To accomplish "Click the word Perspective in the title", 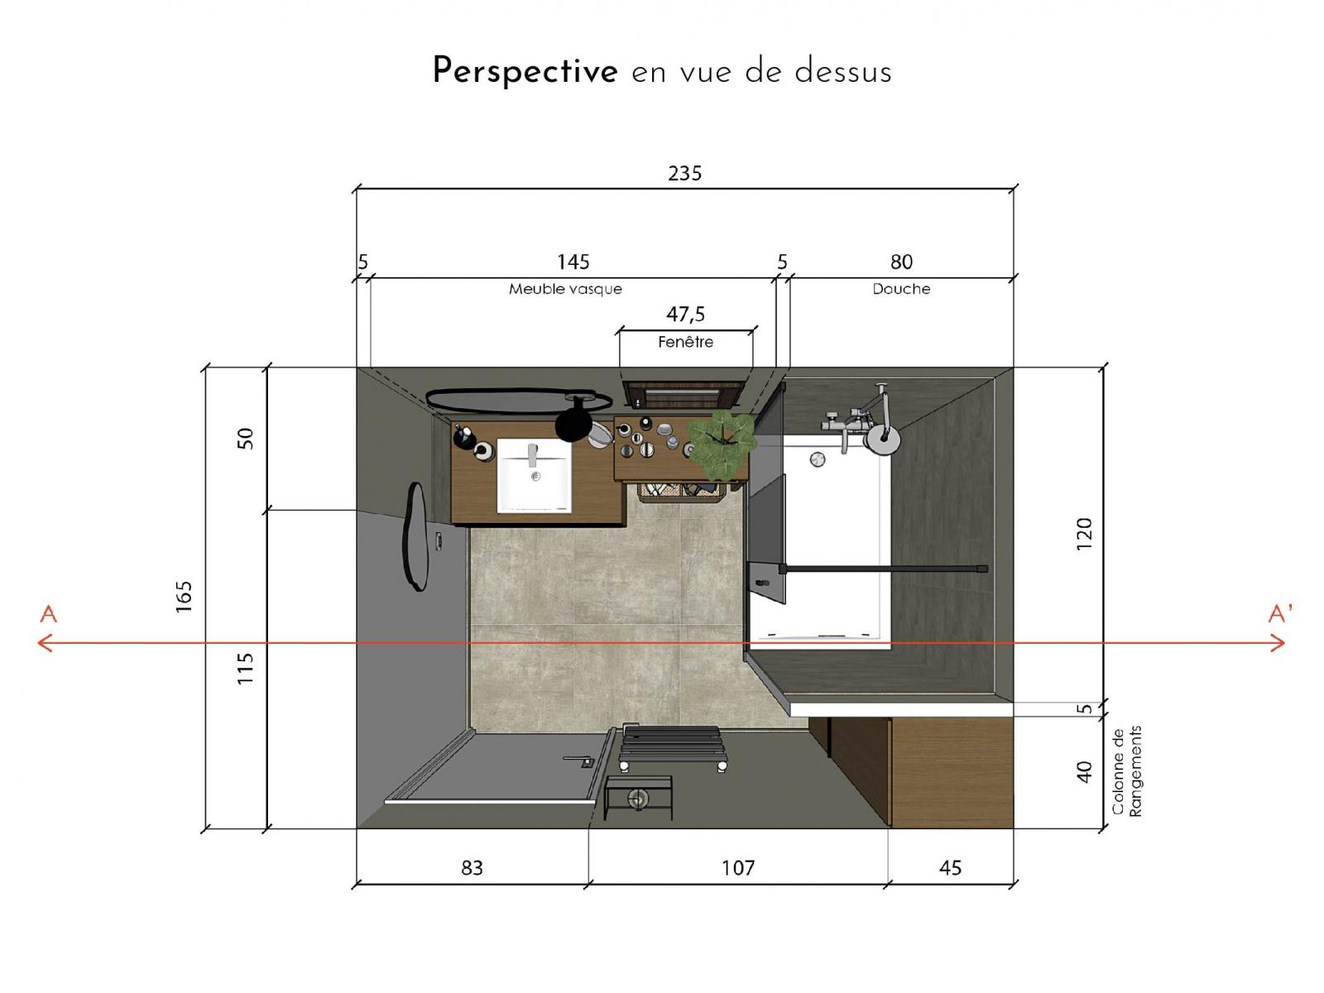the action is tap(525, 71).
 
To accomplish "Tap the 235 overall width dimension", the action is tap(684, 174).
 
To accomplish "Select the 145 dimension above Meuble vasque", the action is tap(573, 262).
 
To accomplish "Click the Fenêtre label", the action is tap(685, 343).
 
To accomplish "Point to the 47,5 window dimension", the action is tap(685, 314).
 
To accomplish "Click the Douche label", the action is tap(901, 290).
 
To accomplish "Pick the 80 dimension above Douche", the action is tap(901, 262).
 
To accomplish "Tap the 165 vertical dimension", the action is tap(184, 597).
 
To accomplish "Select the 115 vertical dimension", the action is tap(244, 668).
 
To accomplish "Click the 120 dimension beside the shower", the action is tap(1084, 535).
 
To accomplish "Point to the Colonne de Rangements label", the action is tap(1127, 771).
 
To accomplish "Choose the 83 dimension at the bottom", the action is tap(472, 868).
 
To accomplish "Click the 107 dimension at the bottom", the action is tap(738, 868).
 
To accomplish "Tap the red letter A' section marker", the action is tap(1280, 613).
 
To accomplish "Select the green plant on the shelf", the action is tap(722, 444).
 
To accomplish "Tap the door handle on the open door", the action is tap(580, 760).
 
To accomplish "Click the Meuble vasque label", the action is tap(565, 290).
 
